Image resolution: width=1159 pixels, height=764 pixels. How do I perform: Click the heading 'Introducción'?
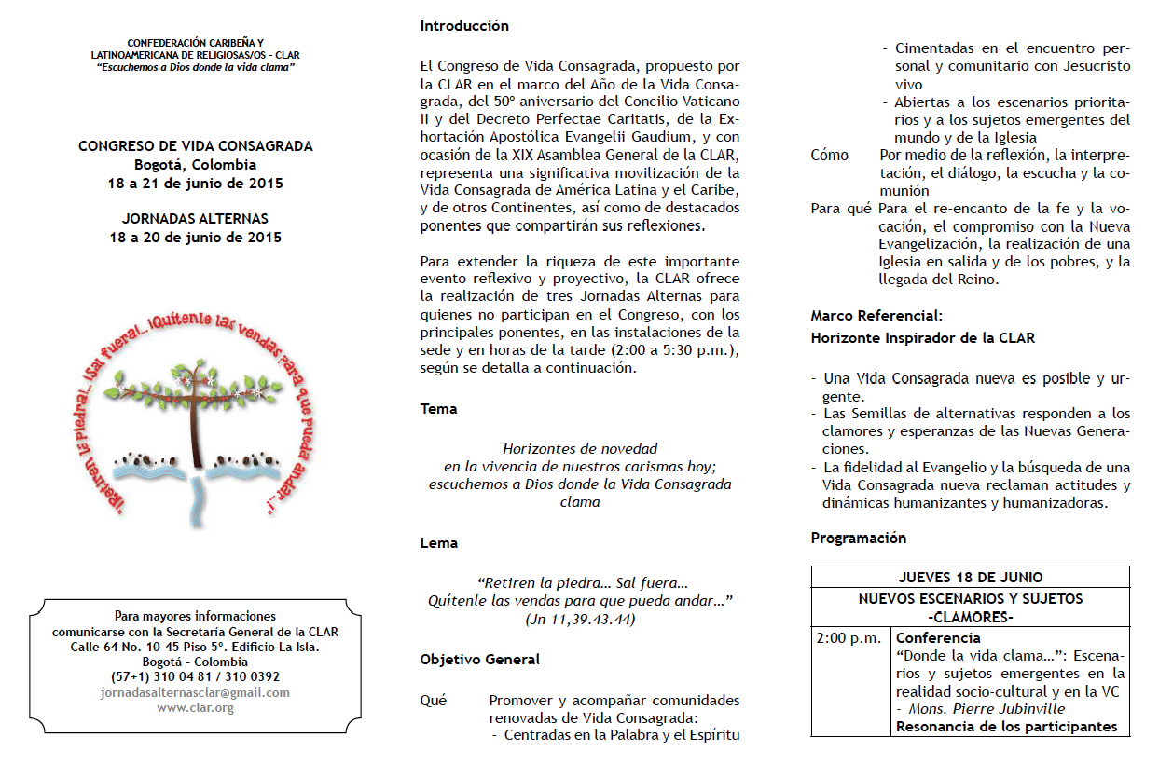464,26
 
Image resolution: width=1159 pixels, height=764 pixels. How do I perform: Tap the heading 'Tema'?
438,408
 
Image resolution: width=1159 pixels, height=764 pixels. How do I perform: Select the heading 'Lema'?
439,542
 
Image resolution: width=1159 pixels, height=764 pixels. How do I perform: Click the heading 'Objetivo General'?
480,659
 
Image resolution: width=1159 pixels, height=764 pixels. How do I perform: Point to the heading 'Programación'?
858,538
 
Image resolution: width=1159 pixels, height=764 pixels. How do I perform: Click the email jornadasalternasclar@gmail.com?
195,692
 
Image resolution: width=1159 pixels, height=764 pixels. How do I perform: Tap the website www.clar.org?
195,707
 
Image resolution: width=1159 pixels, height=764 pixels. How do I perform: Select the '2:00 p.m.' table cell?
849,638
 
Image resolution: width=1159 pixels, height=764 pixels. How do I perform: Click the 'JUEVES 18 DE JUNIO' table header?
970,578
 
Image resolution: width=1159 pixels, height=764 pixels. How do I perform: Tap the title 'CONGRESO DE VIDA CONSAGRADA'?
196,146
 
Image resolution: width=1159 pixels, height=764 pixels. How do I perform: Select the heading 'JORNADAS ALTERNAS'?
195,219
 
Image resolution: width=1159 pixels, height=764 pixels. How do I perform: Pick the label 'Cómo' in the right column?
830,156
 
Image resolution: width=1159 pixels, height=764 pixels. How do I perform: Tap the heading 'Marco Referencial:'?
876,316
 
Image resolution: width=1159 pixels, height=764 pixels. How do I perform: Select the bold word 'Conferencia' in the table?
938,638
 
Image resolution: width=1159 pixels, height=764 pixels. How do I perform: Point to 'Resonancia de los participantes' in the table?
1006,727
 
